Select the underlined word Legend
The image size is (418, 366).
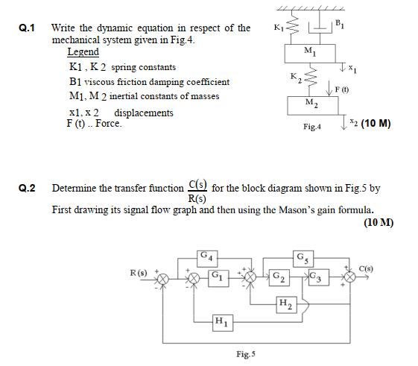(83, 52)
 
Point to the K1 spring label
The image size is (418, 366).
(279, 28)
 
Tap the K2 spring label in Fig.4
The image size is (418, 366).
(296, 77)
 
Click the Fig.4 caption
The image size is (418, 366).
(312, 127)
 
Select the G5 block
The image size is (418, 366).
(305, 259)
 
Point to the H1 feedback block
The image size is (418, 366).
(221, 322)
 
